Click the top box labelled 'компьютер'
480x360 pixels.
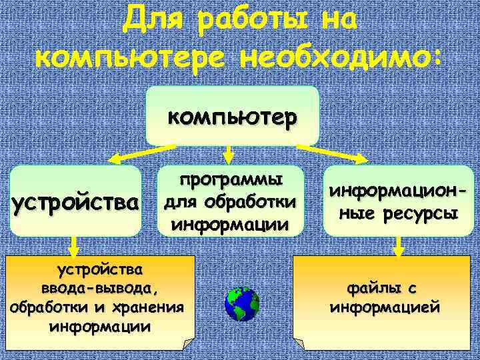pos(233,117)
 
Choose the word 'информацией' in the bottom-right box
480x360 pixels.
pos(385,307)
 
